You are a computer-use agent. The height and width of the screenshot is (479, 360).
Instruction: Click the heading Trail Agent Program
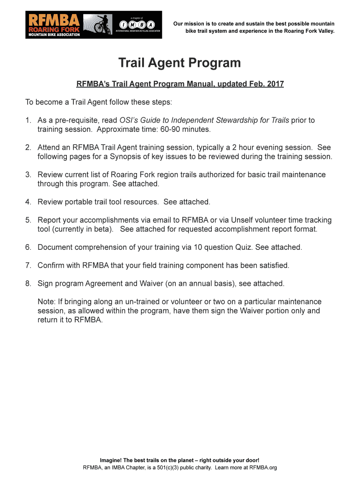[180, 63]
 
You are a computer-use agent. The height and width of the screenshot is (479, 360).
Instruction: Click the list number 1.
[28, 120]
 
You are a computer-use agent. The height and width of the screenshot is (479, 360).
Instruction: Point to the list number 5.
[28, 220]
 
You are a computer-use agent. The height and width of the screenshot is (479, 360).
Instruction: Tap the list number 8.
[28, 283]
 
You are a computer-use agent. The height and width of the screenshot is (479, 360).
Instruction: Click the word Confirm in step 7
[51, 265]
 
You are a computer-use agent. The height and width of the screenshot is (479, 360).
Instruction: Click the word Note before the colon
[46, 302]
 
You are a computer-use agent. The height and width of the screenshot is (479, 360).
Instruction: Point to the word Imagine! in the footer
[120, 460]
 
